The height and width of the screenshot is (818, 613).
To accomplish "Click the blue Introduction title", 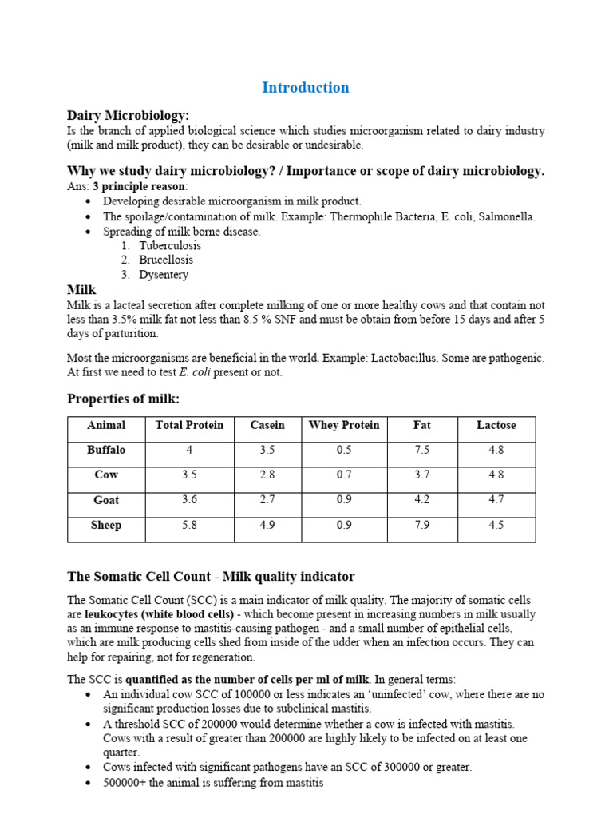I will pos(305,88).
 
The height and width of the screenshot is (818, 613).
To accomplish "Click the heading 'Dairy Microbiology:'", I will pos(128,115).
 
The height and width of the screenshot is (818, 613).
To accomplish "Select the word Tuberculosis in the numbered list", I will pos(170,246).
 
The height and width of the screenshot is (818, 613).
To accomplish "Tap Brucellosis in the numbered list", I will pos(165,260).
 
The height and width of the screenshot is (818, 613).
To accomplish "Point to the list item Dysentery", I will pos(164,275).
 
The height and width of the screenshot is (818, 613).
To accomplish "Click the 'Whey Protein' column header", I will pos(344,426).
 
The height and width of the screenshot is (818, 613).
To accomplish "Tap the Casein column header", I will pos(267,426).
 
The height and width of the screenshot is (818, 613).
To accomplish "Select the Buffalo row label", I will pos(106,451).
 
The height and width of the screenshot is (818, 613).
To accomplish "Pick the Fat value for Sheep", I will pos(421,526).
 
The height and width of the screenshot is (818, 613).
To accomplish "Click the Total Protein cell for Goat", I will pos(189,501).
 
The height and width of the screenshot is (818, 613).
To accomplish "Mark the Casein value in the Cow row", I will pos(267,475).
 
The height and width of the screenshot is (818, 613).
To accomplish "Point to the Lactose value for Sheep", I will pos(496,526).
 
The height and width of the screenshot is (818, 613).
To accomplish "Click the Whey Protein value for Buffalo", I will pos(344,451).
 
